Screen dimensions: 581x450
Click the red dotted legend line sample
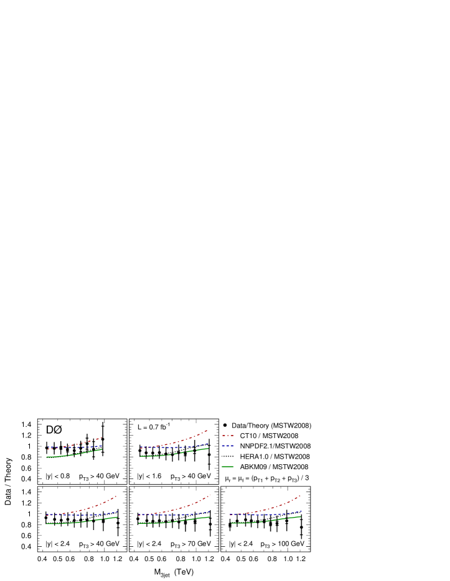228,436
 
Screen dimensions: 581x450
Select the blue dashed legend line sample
228,446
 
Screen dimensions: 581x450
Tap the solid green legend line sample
228,467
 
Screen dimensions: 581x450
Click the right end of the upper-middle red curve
207,430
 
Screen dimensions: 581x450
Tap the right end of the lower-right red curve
301,495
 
